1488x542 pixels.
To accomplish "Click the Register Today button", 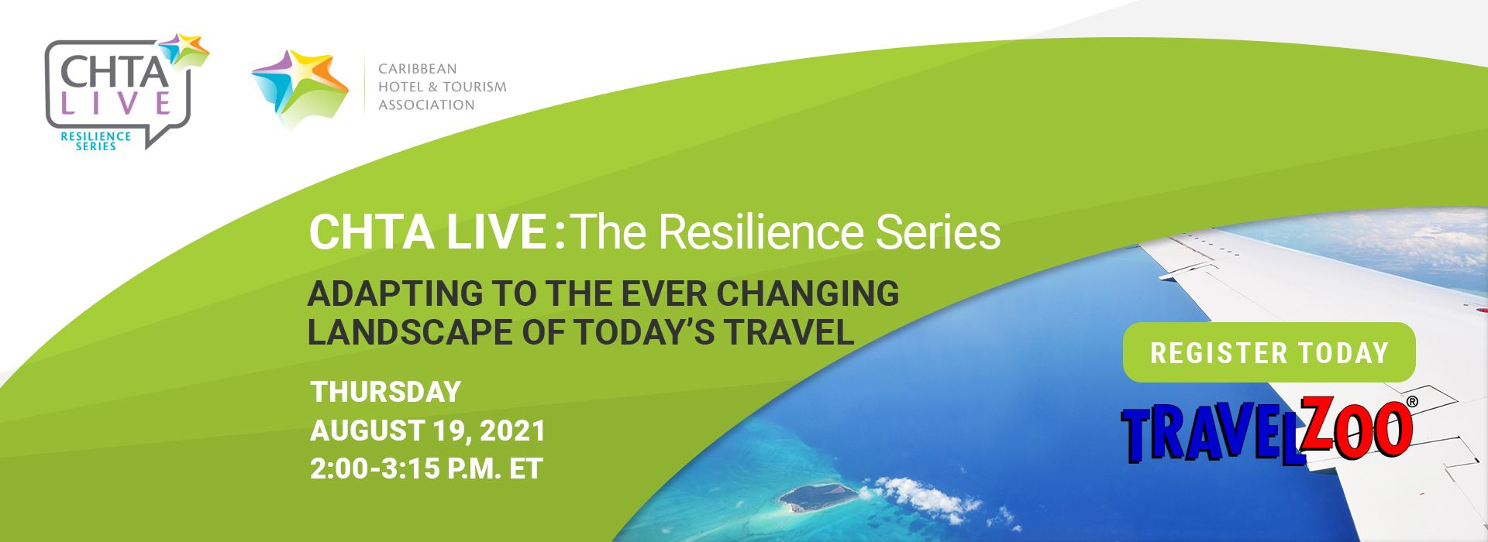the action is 1269,352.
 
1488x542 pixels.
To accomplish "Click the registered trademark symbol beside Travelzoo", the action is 1412,402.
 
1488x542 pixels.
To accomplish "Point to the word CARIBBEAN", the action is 417,69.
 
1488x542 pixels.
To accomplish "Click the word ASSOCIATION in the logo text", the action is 426,105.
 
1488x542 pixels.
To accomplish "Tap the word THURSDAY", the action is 385,392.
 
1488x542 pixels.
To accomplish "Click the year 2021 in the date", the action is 512,431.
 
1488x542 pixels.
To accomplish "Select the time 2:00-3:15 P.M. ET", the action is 426,468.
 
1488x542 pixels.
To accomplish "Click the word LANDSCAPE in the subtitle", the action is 410,332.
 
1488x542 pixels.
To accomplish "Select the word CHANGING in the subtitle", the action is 807,293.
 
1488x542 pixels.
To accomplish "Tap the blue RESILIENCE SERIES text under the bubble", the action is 96,141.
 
